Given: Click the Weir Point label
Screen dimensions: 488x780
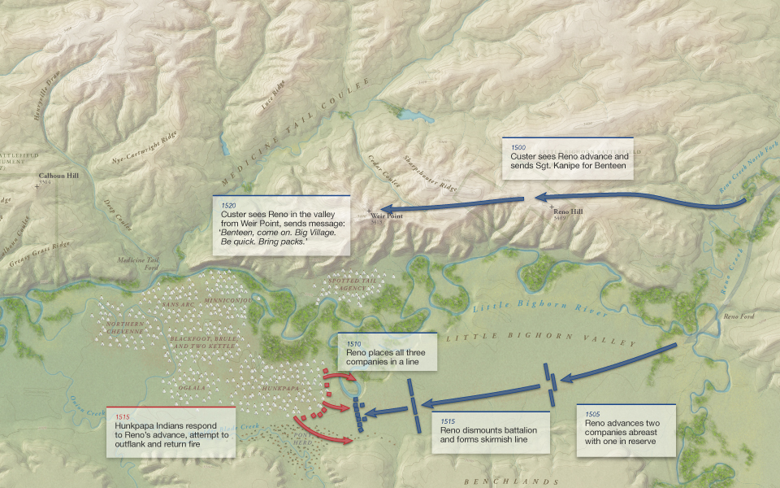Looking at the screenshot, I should click(x=383, y=217).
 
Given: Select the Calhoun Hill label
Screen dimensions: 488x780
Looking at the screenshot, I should click(x=60, y=176).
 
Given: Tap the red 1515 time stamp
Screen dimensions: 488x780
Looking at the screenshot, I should click(x=122, y=416).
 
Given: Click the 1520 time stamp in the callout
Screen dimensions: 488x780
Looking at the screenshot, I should click(x=228, y=206).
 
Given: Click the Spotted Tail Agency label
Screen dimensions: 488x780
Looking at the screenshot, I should click(x=350, y=285).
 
